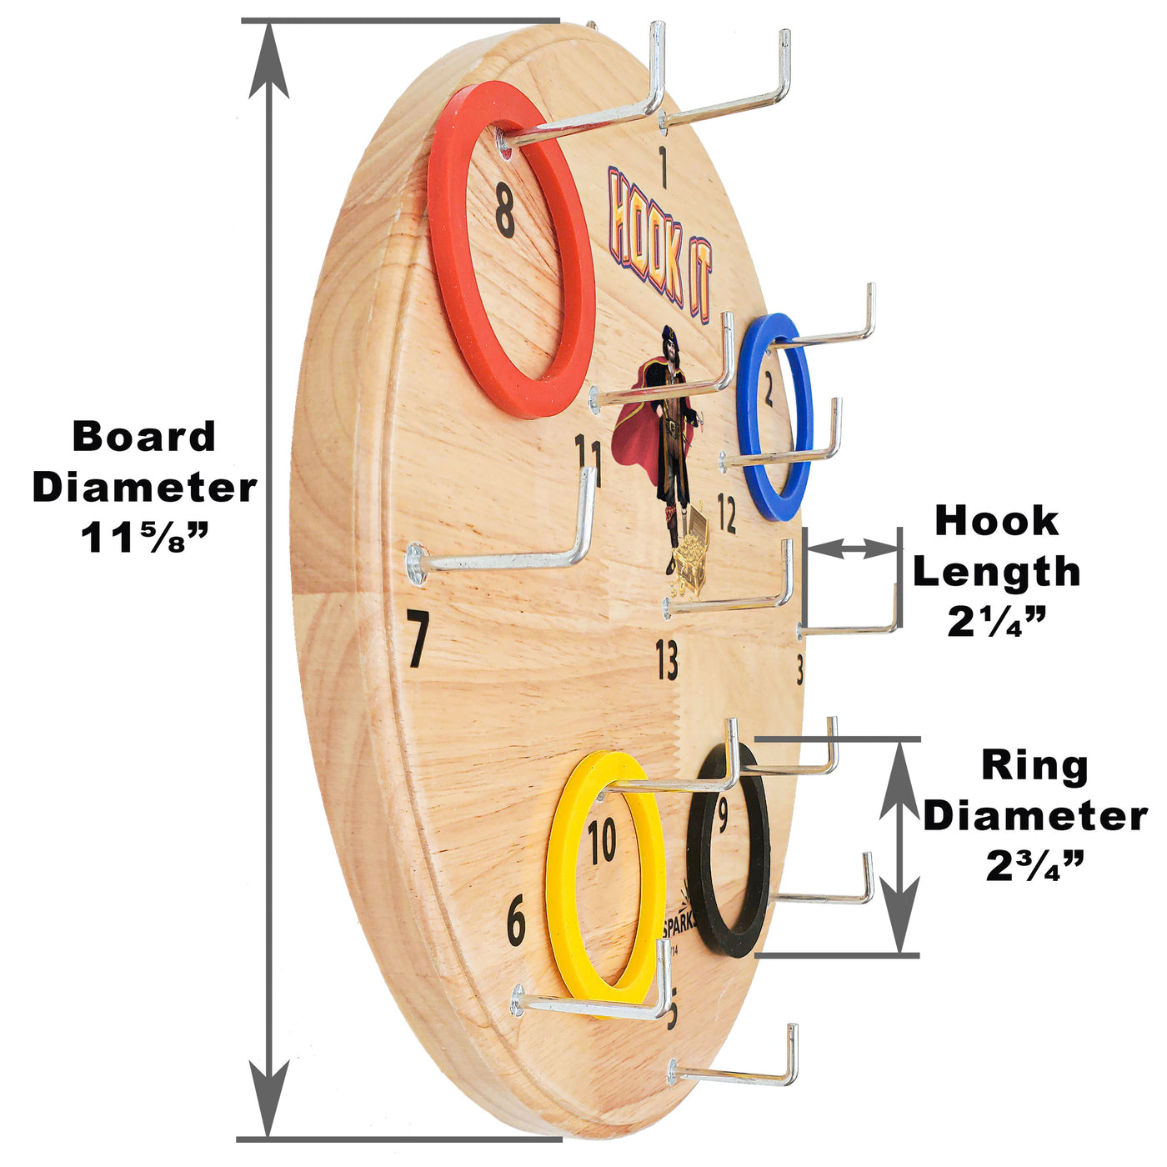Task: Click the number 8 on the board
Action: click(x=505, y=212)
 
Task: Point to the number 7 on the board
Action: click(x=418, y=639)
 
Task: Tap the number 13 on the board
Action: click(x=667, y=660)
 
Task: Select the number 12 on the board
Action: click(x=727, y=514)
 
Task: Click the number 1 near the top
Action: click(x=664, y=167)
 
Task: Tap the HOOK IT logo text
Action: click(x=659, y=242)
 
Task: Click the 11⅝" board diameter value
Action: click(x=143, y=538)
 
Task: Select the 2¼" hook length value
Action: click(x=996, y=621)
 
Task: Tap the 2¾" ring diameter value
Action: click(x=1034, y=866)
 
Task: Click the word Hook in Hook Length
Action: click(x=997, y=522)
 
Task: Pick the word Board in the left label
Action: click(x=144, y=437)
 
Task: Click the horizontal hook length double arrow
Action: click(x=852, y=548)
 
